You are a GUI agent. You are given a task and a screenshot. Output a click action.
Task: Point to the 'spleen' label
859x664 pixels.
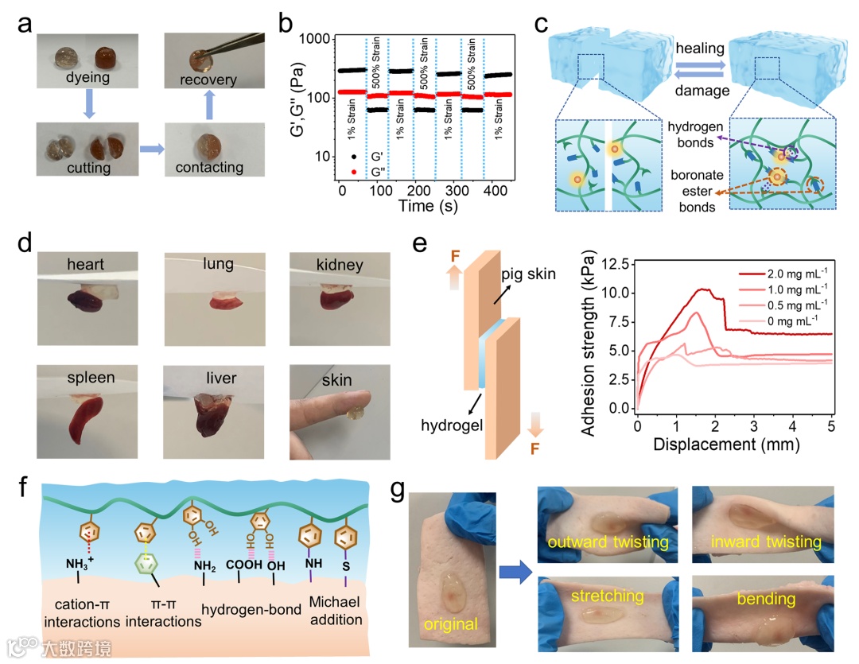92,378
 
